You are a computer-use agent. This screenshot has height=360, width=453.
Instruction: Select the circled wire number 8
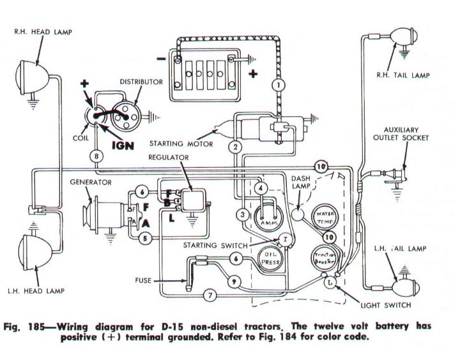96,155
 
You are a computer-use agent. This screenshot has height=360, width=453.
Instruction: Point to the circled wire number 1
277,84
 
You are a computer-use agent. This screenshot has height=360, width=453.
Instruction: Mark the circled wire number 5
144,239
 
